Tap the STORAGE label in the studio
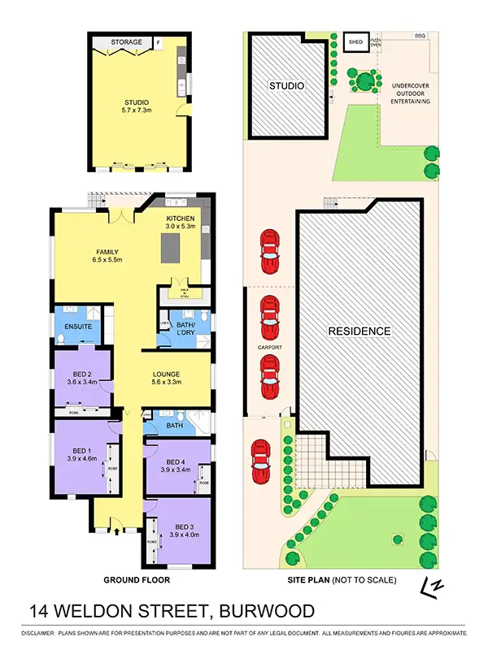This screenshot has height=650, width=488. click(126, 41)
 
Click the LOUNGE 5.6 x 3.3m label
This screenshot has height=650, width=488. click(171, 379)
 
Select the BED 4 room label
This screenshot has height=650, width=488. click(176, 465)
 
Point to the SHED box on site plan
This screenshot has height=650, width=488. click(355, 41)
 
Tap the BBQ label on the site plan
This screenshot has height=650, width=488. click(420, 36)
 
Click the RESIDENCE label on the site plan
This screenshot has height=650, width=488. click(359, 331)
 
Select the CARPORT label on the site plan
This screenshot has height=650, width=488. click(270, 348)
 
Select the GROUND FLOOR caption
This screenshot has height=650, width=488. click(137, 580)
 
